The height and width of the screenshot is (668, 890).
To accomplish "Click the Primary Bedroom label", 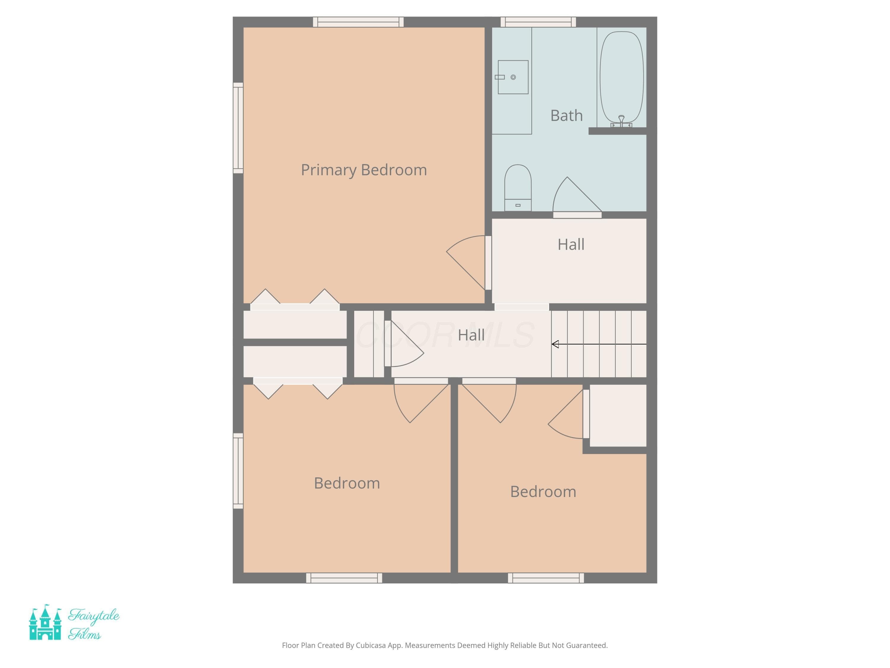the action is point(364,170).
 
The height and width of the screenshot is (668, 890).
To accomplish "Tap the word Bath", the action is point(567,115).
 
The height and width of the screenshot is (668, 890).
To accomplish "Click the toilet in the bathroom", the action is point(518,188).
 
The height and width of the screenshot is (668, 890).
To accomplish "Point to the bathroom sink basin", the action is point(513,77).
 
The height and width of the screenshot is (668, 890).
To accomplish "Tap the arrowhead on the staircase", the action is point(555,344).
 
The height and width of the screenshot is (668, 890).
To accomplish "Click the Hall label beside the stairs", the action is point(471,335).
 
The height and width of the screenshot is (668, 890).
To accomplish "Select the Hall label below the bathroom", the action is point(571,244).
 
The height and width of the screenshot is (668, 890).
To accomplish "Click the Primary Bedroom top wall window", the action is point(358,22).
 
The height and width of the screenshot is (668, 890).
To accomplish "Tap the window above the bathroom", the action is point(538,22).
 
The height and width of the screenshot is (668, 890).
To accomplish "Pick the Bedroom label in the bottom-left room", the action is point(347,483).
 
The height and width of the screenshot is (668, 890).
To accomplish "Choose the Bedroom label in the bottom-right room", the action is point(543,492).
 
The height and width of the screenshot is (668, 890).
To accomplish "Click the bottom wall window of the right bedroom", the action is point(546,578).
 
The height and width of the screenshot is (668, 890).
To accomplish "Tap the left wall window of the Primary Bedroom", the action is point(238,128).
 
